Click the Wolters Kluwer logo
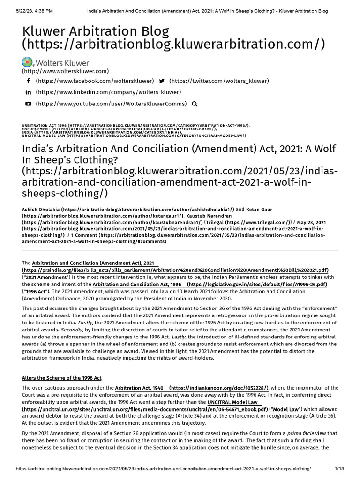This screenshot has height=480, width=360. click(55, 62)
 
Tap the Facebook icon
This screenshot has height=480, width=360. click(28, 81)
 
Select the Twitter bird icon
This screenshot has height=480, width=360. click(162, 81)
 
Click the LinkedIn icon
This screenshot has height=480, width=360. click(28, 92)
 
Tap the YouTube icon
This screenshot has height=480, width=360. click(28, 104)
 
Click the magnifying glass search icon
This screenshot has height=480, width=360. click(195, 104)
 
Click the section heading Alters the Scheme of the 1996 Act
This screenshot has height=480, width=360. click(62, 378)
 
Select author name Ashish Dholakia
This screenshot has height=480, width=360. click(41, 210)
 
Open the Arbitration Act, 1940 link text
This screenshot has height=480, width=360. click(139, 388)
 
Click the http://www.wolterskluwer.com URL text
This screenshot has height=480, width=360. click(65, 71)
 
